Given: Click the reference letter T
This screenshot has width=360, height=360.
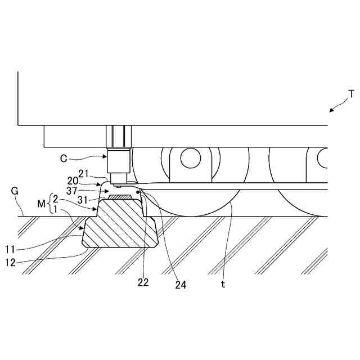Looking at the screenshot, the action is coord(352,93).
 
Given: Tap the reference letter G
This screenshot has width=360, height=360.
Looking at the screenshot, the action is coord(15,191).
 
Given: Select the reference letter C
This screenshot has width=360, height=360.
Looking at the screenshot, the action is coord(65,159).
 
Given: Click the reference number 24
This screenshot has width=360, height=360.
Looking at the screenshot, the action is coord(180,285).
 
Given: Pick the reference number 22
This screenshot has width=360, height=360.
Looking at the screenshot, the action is coord(143,282).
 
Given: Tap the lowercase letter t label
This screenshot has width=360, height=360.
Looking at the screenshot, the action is coord(223,285).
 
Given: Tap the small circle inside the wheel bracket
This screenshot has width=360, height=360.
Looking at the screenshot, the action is coord(191,157).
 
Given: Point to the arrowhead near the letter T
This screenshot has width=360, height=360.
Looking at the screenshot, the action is coord(331,111).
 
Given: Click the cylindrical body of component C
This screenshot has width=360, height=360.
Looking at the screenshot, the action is coord(119,160).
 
